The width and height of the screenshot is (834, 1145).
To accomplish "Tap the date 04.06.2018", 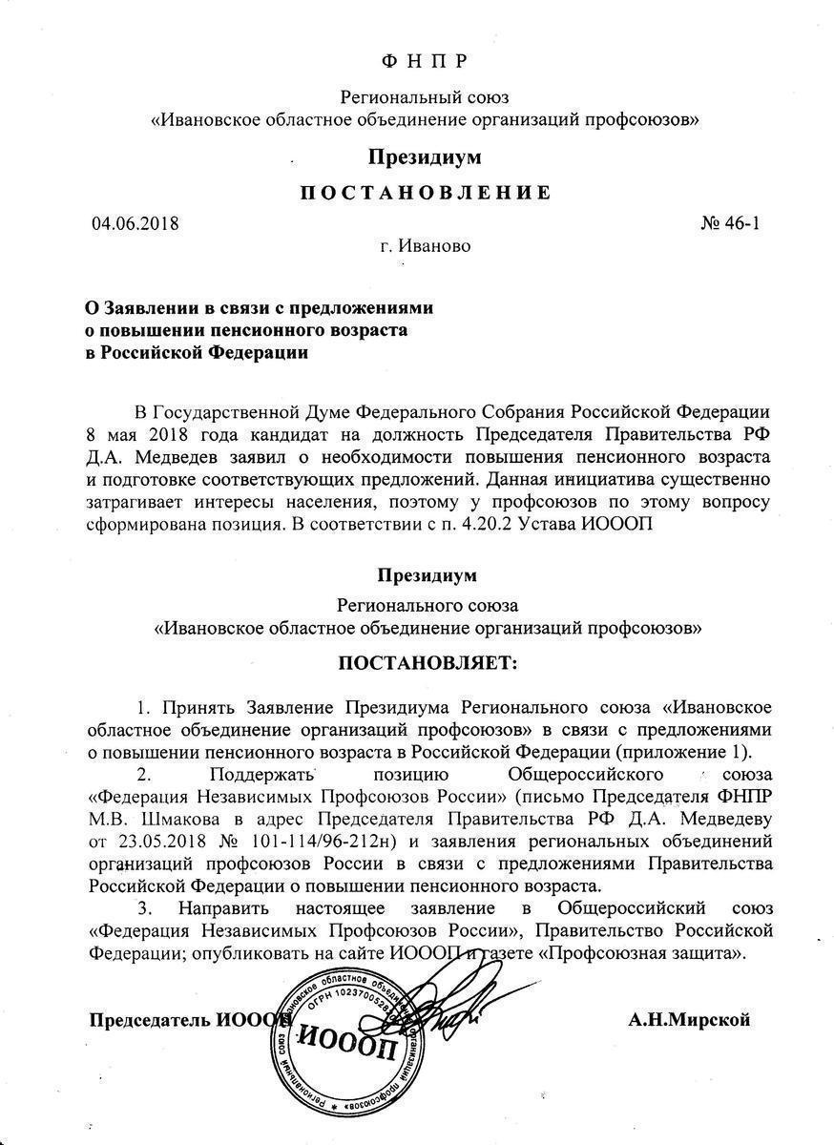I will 136,224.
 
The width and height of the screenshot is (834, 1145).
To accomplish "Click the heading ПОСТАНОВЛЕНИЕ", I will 426,193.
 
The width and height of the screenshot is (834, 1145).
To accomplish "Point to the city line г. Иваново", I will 425,246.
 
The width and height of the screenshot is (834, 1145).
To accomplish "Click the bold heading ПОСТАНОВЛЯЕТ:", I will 426,663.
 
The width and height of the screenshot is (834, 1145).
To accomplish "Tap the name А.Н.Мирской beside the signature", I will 689,1020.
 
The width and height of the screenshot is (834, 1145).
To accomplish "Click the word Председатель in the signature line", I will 149,1020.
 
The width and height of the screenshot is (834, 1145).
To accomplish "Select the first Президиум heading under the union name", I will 426,156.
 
